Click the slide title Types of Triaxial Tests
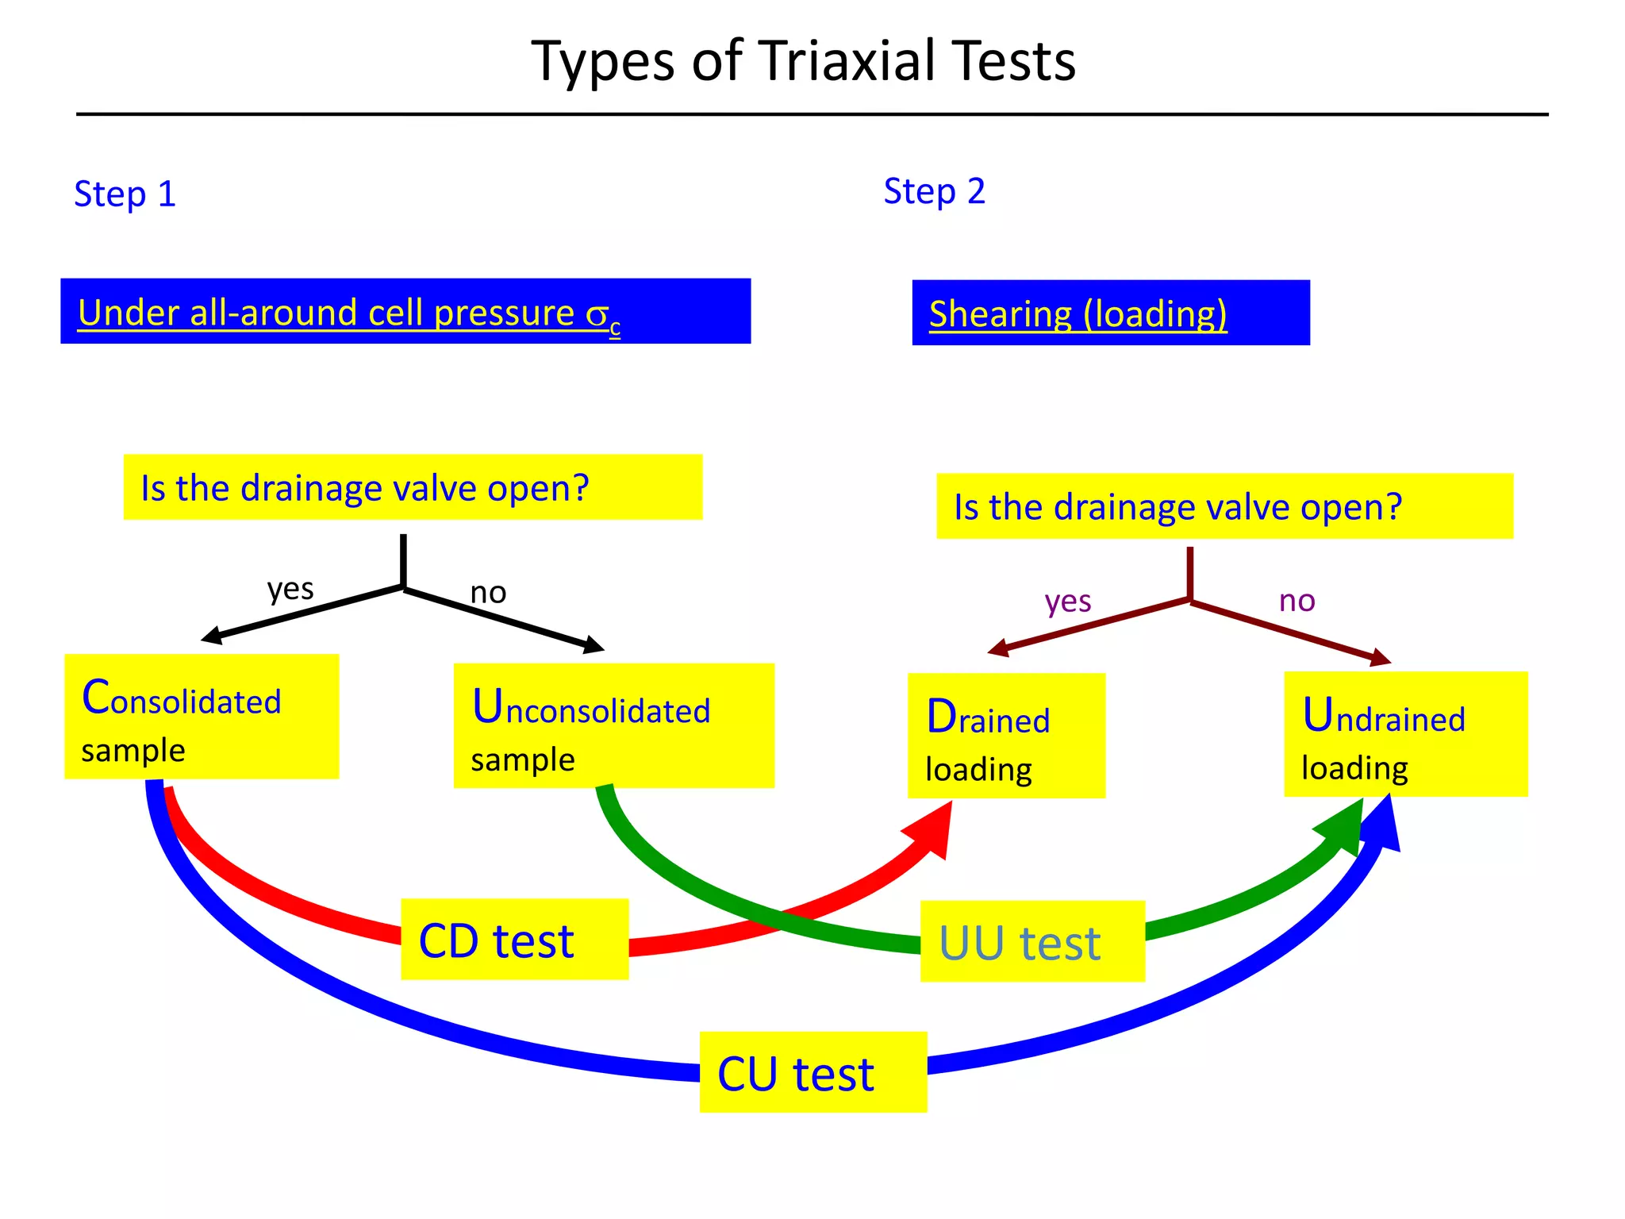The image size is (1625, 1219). [803, 62]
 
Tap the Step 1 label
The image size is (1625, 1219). [125, 194]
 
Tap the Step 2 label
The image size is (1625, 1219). [934, 192]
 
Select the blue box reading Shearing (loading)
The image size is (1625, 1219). [1110, 313]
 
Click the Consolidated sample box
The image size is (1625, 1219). [202, 716]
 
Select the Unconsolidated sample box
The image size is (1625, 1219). [613, 725]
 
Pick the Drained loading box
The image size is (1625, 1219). [1005, 735]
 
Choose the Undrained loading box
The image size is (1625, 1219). [1405, 734]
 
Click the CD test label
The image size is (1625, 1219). [514, 940]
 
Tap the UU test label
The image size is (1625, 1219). [1031, 942]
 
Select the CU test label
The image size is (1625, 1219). [812, 1072]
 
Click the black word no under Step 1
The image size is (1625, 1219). [488, 593]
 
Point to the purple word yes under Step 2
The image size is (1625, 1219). [1067, 602]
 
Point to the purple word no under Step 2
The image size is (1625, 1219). [1297, 601]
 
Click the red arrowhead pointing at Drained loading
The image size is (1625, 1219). [933, 831]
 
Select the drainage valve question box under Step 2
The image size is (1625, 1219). [1224, 506]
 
